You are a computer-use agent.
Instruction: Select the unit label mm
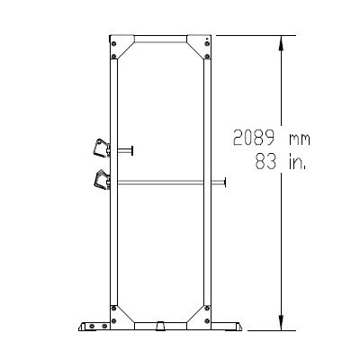pyautogui.click(x=299, y=139)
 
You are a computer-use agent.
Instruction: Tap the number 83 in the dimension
pyautogui.click(x=267, y=163)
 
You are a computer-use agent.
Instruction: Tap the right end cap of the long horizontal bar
pyautogui.click(x=225, y=183)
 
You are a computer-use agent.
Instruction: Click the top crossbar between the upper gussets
pyautogui.click(x=160, y=39)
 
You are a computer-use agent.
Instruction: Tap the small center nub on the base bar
pyautogui.click(x=160, y=323)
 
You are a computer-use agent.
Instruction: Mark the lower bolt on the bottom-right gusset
pyautogui.click(x=208, y=321)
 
